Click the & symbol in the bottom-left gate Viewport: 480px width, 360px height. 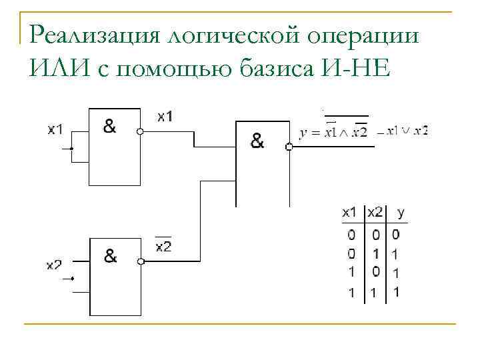[x=111, y=255]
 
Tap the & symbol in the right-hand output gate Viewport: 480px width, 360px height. [x=257, y=141]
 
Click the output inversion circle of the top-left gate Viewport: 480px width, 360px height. [x=140, y=132]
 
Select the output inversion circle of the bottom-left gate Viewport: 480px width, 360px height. [x=140, y=261]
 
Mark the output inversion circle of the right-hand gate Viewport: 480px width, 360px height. [x=289, y=147]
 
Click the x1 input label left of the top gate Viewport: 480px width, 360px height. [x=55, y=129]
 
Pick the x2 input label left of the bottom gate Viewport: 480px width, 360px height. [x=54, y=265]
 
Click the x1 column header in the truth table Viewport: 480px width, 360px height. [x=349, y=213]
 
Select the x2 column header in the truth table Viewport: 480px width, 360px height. [x=375, y=213]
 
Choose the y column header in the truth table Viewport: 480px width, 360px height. [x=400, y=213]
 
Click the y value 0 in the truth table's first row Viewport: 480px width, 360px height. [x=396, y=235]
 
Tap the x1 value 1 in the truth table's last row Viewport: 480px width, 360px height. [x=351, y=292]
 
